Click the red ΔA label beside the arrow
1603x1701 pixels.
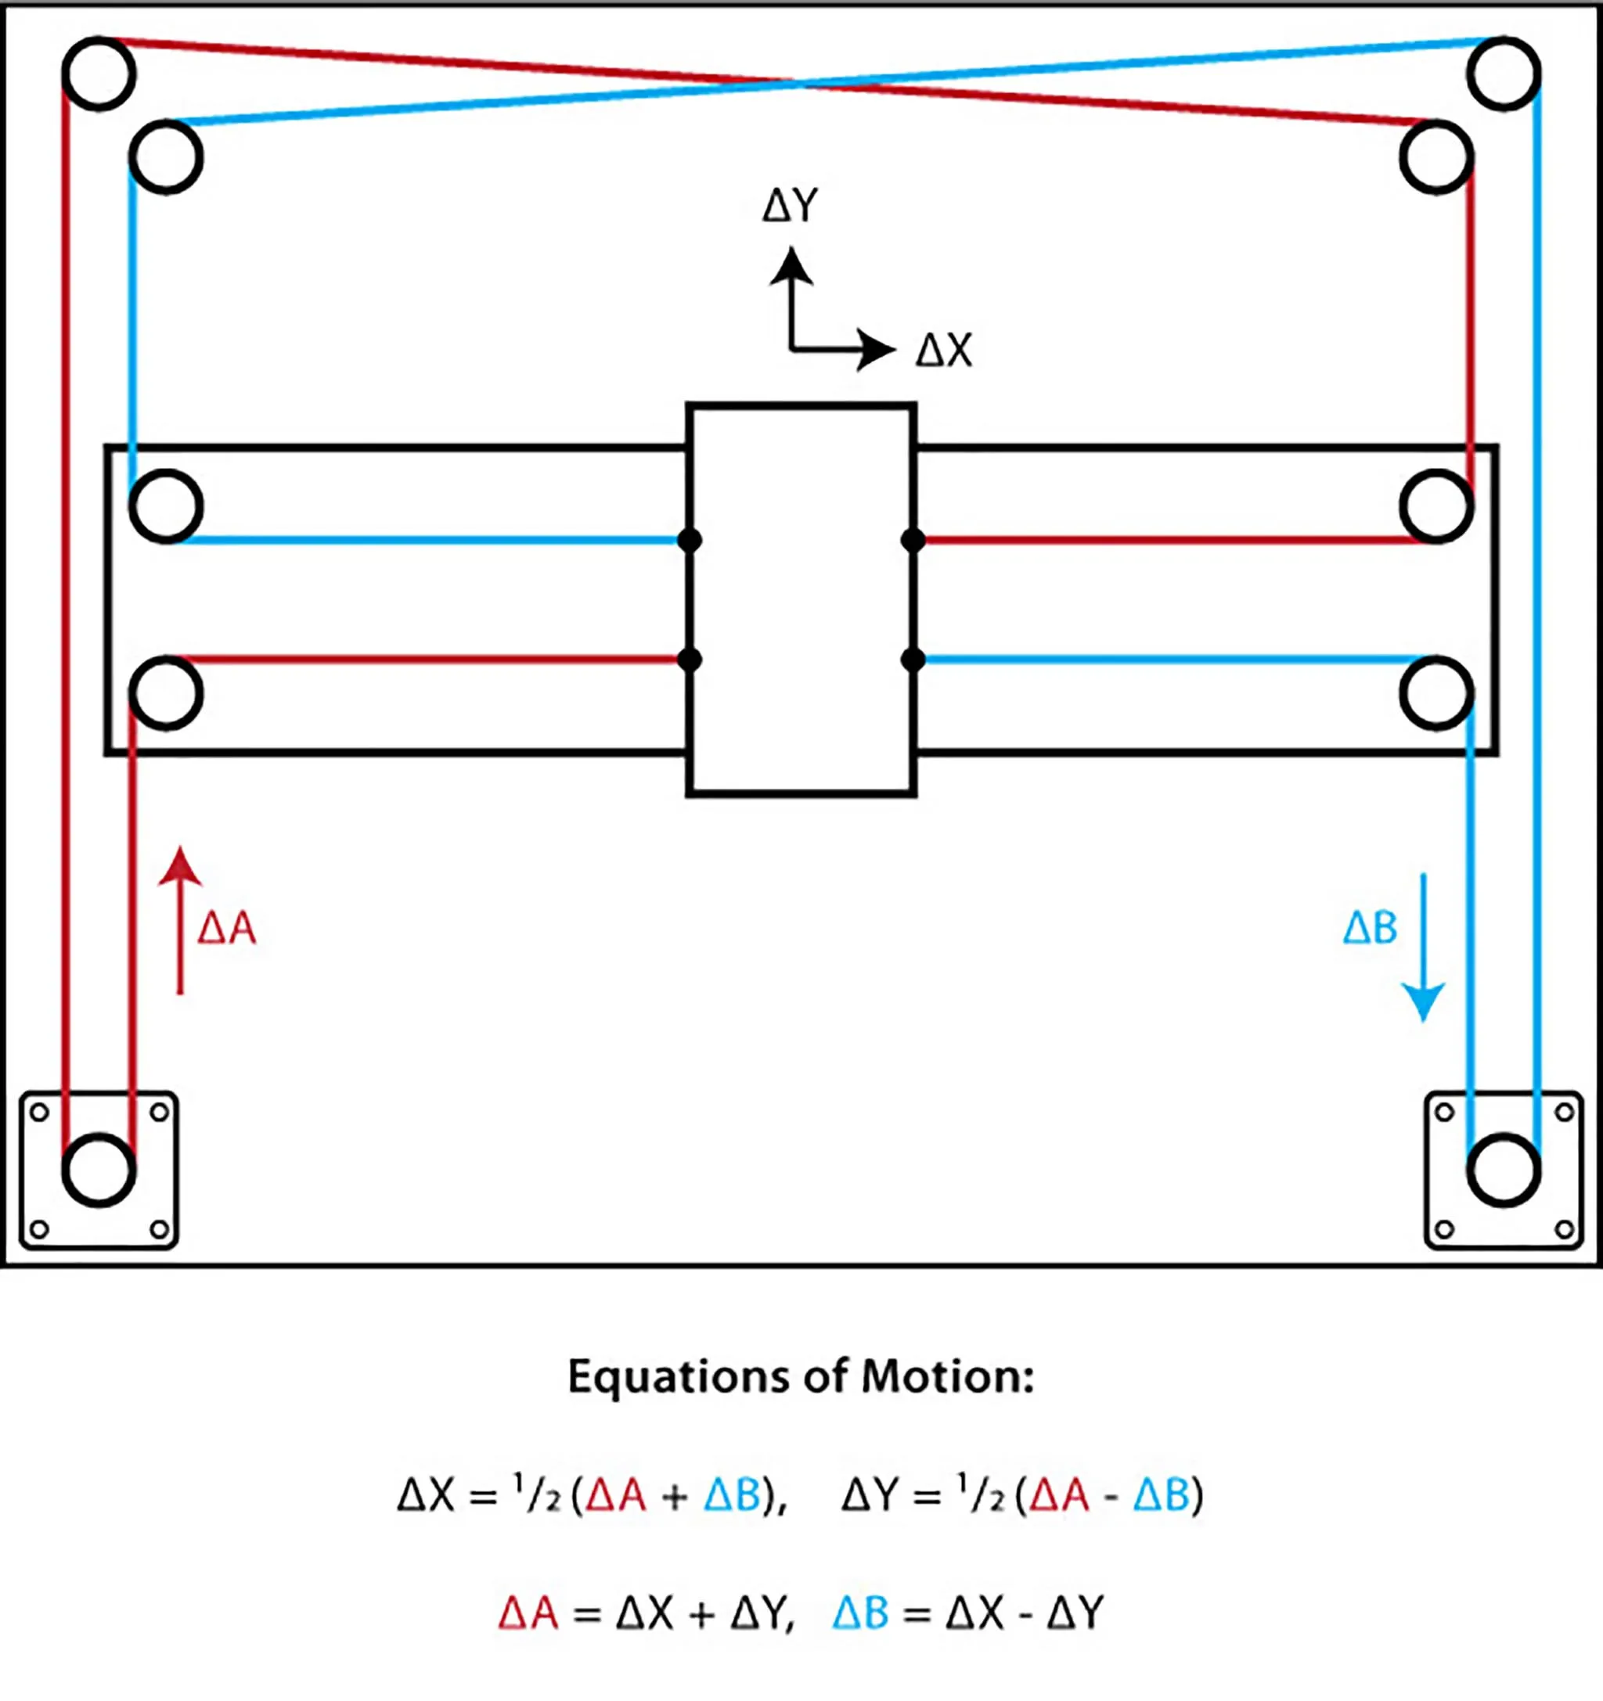[x=227, y=929]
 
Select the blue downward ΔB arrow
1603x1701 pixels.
[x=1423, y=946]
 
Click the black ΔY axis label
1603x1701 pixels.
[x=790, y=207]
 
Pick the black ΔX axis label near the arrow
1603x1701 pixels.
[x=944, y=351]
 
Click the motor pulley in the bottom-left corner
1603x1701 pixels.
[x=99, y=1171]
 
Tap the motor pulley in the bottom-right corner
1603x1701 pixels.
[x=1504, y=1171]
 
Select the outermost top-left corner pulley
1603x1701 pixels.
[x=99, y=74]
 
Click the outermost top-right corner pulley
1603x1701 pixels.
[x=1504, y=74]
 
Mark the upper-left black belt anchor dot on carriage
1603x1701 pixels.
[x=689, y=541]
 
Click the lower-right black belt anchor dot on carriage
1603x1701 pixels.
[x=913, y=660]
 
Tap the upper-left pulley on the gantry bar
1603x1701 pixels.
[x=166, y=506]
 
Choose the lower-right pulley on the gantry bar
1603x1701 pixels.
[x=1437, y=693]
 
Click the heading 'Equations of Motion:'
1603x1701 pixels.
[x=801, y=1377]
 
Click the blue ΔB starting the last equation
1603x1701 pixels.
[x=860, y=1613]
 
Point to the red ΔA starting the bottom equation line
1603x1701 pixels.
[x=528, y=1613]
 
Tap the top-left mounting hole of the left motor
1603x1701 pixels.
[x=39, y=1113]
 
